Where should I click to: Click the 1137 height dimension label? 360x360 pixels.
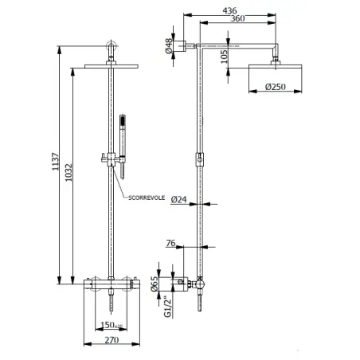point(56,162)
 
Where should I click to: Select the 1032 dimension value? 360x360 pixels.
point(69,173)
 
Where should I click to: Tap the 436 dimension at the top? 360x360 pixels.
point(229,11)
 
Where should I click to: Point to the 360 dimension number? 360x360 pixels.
point(237,18)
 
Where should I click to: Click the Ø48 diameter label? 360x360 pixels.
point(169,46)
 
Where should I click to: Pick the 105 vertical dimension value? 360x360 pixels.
point(225,57)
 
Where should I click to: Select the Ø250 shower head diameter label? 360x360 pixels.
point(276,87)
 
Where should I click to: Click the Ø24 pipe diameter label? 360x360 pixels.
point(179,199)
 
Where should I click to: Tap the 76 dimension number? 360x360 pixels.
point(170,243)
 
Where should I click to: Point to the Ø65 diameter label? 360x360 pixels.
point(155,284)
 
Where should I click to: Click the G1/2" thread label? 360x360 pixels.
point(168,307)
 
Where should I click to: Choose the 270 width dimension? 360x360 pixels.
point(112,340)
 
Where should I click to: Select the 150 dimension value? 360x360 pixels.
point(112,325)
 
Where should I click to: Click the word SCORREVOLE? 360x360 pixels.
point(147,198)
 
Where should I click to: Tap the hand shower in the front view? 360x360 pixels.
point(123,147)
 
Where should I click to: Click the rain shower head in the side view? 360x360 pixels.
point(275,66)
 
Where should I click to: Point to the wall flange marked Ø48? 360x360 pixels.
point(180,46)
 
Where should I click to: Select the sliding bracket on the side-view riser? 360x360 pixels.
point(200,159)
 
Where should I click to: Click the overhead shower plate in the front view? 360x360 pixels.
point(112,66)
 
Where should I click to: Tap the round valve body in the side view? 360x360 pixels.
point(199,284)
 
